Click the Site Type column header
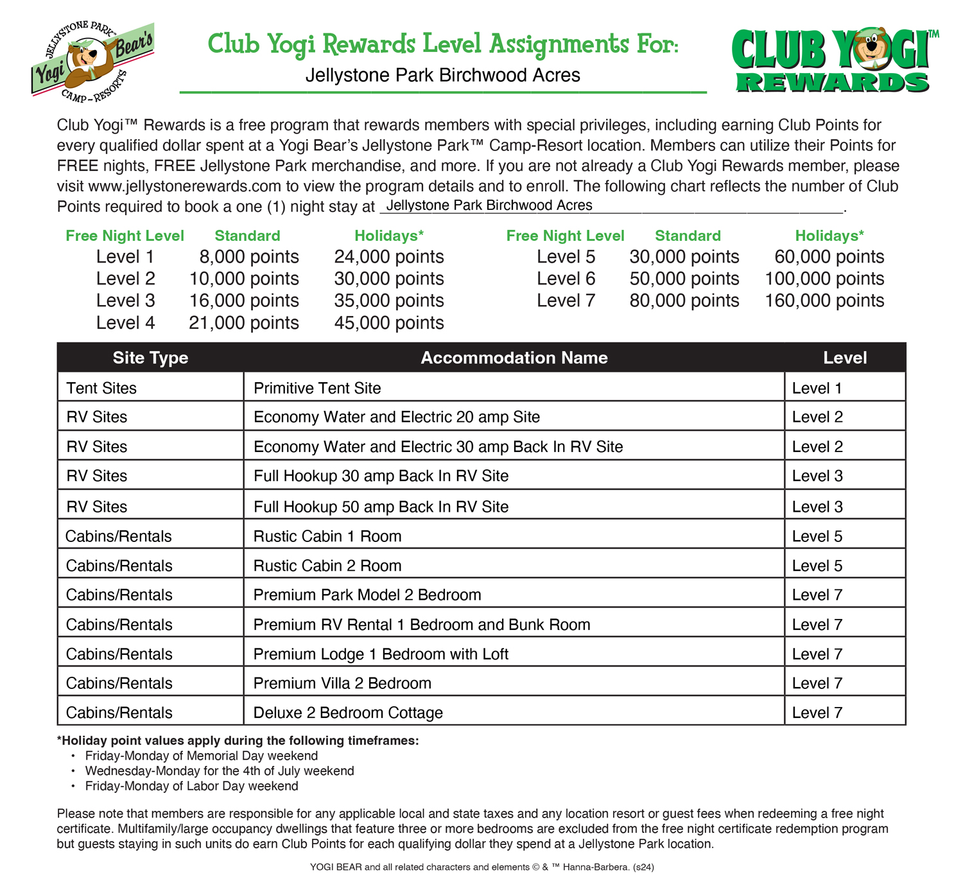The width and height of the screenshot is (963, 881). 150,358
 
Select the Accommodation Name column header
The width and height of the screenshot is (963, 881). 514,358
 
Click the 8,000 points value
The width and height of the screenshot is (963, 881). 248,257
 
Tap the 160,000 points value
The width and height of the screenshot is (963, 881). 824,301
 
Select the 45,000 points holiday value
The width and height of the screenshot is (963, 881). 388,322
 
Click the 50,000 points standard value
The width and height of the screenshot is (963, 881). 684,279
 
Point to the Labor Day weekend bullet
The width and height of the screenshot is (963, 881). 191,786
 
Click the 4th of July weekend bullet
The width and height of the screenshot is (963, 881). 219,771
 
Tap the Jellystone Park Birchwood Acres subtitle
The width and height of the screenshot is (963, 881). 442,76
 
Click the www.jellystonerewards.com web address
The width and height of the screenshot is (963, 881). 185,186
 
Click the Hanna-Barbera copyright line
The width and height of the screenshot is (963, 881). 481,867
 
